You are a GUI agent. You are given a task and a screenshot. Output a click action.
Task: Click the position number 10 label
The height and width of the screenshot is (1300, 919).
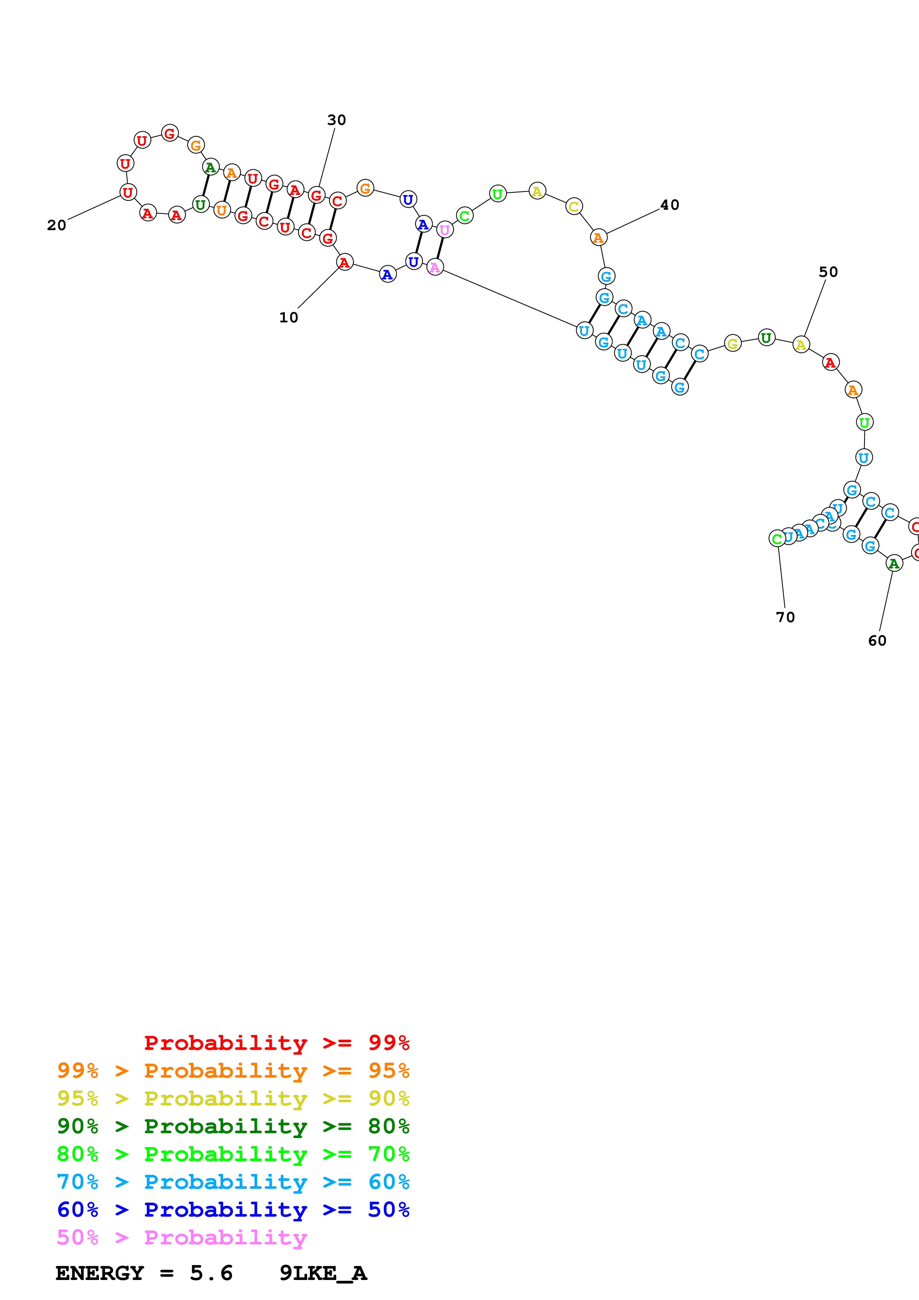(288, 318)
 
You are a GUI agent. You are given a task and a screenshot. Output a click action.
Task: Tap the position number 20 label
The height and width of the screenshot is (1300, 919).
(57, 225)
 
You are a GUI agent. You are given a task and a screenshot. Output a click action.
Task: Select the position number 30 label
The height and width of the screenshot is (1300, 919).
(336, 120)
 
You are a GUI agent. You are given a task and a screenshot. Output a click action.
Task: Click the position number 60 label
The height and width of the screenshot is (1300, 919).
(877, 640)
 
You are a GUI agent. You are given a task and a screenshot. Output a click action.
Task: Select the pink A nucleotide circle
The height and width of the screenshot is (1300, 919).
(435, 267)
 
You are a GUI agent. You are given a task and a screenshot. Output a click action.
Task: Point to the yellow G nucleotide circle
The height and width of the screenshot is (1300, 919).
(733, 343)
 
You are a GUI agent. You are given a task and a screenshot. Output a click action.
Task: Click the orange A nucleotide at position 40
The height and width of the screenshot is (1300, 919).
(598, 238)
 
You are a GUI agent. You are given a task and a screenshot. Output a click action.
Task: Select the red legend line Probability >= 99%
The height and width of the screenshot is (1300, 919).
(276, 1043)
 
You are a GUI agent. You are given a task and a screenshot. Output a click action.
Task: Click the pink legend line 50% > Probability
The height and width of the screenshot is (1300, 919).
(182, 1238)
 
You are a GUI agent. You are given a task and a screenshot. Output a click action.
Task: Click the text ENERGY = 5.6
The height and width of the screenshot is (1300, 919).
(144, 1273)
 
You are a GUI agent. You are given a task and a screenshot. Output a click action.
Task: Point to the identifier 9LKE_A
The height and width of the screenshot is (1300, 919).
(323, 1273)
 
